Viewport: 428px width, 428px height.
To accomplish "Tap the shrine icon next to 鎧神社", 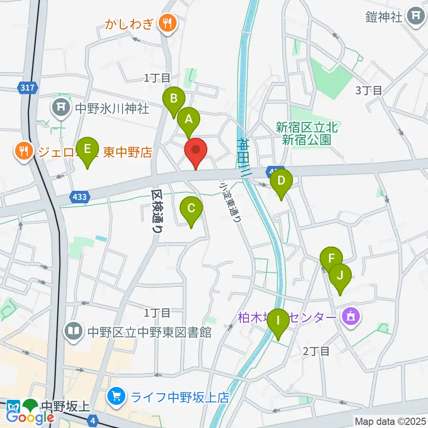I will [417, 17].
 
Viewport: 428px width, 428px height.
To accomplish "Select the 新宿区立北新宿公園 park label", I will [307, 134].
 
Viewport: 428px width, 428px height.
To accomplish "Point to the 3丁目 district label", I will [369, 91].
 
